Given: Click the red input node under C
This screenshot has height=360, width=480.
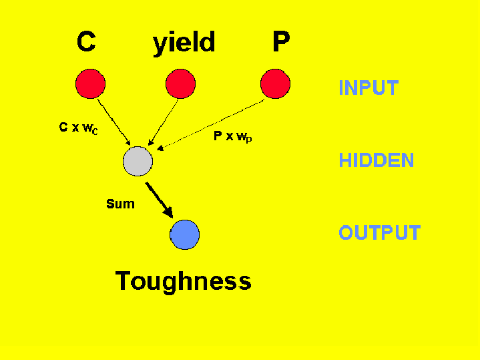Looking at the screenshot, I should [90, 84].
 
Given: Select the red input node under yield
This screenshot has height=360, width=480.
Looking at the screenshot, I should [180, 84].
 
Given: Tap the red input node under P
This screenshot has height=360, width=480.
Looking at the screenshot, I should [275, 84].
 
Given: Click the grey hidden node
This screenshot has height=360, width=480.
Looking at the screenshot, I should [138, 161].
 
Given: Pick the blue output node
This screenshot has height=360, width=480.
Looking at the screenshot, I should [185, 234].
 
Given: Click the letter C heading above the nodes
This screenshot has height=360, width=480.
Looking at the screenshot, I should [86, 42].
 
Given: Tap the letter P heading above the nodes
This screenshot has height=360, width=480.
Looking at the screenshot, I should [281, 42].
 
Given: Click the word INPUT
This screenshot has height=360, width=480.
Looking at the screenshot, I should [368, 87].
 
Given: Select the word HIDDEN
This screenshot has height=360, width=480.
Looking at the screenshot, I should [376, 161].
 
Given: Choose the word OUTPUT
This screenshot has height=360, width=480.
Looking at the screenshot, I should [379, 233].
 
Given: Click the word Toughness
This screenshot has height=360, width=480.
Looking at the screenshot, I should [184, 281].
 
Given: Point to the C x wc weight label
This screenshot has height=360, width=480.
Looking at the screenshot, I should [79, 128].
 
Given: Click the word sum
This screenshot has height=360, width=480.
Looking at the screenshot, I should [120, 204].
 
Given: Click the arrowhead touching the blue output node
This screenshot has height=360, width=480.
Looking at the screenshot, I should [168, 212].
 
